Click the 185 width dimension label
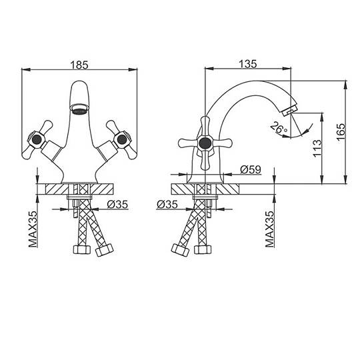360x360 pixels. click(x=79, y=65)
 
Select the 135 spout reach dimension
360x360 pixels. click(x=248, y=64)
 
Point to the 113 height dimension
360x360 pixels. click(x=317, y=148)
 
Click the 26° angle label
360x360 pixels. click(x=279, y=129)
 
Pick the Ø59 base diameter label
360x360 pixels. click(x=251, y=170)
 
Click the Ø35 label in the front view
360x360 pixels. click(x=117, y=205)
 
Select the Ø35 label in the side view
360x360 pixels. click(x=167, y=205)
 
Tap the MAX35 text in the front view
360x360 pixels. click(x=33, y=229)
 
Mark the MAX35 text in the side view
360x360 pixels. click(x=270, y=229)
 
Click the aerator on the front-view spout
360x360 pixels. click(x=79, y=109)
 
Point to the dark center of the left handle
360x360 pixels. click(x=37, y=139)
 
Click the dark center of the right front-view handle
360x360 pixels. click(x=122, y=139)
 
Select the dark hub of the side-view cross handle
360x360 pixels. click(x=205, y=143)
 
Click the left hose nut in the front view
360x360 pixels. click(x=82, y=249)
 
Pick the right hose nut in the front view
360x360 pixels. click(x=105, y=250)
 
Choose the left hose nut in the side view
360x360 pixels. click(x=181, y=250)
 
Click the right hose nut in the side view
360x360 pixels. click(x=203, y=249)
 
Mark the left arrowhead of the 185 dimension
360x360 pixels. click(x=26, y=69)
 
